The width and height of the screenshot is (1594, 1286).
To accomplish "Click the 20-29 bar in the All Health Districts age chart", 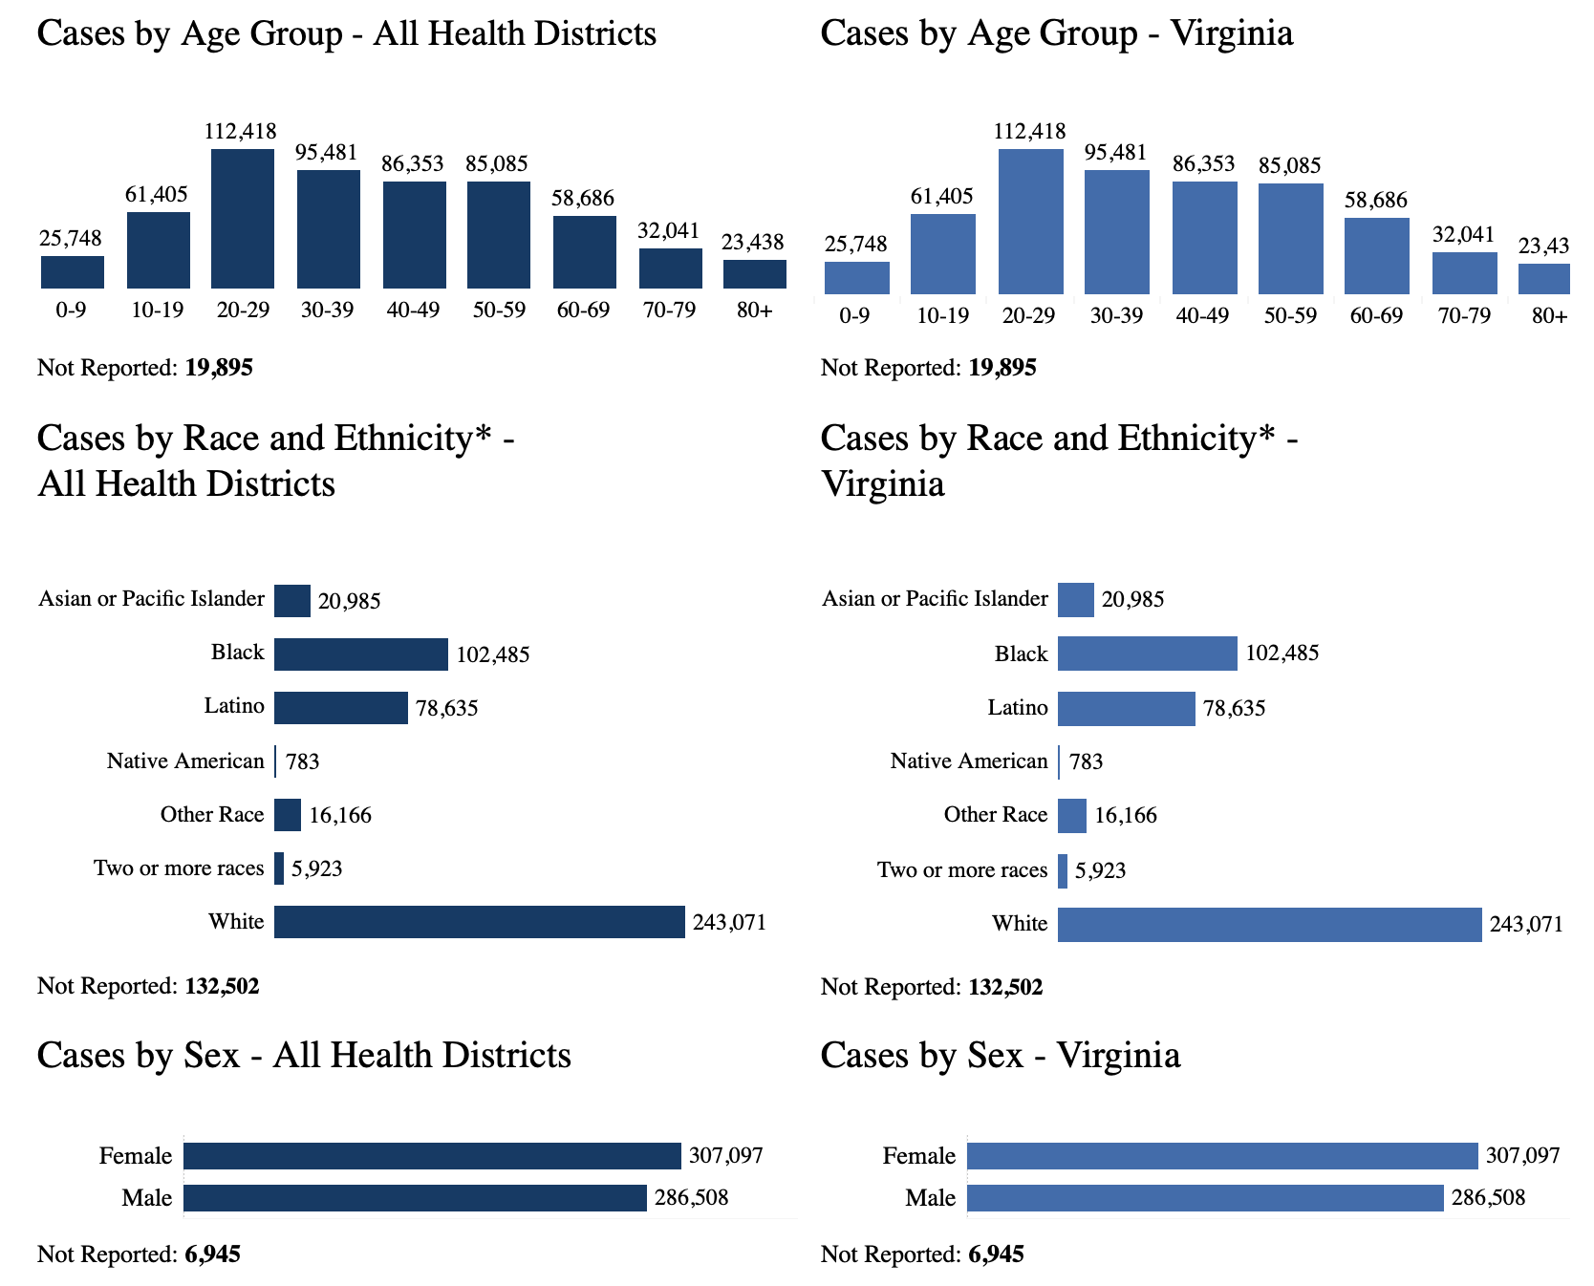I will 243,219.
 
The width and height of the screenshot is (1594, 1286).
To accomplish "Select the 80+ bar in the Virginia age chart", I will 1543,279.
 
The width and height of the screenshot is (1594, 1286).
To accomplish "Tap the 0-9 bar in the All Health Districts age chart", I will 73,272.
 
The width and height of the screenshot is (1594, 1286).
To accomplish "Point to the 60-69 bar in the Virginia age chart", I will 1376,256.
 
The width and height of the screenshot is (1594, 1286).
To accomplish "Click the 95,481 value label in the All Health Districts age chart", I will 327,153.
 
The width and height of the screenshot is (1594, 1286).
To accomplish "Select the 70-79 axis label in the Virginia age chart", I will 1464,316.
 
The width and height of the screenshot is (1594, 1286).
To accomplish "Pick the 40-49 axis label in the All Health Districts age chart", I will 413,311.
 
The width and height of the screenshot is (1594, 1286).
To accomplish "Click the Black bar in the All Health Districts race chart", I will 360,654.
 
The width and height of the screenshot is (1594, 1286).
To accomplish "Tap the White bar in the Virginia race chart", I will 1269,925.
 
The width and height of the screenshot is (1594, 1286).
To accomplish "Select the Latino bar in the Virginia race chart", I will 1126,709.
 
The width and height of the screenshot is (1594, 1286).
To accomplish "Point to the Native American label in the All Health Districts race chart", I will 185,761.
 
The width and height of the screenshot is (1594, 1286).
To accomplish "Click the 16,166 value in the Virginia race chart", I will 1126,816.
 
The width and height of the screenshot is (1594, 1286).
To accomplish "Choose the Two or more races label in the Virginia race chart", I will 962,870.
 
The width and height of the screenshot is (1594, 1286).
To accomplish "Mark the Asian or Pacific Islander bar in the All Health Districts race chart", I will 292,601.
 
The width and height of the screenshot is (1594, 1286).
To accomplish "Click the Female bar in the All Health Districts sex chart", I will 432,1156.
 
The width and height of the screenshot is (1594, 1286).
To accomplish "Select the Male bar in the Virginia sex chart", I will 1204,1198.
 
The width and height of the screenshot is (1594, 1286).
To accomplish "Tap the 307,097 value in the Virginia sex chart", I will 1523,1156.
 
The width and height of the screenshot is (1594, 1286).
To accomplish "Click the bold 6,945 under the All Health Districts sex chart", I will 212,1254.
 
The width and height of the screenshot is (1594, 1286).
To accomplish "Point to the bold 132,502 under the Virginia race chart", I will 1005,987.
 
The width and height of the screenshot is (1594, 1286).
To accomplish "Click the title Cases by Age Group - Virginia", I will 1057,33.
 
